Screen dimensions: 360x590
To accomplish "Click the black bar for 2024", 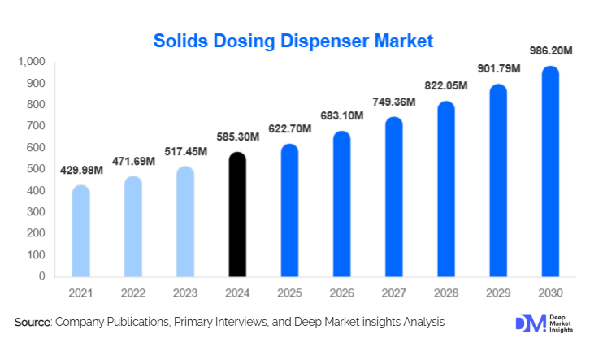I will [x=237, y=215].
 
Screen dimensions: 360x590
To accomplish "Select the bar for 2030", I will [x=551, y=171].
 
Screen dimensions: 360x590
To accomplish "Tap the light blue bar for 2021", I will [x=80, y=232].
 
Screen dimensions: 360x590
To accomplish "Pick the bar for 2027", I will [x=394, y=197].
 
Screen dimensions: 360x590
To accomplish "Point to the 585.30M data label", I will [x=237, y=137].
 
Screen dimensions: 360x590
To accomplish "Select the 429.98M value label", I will [x=80, y=170].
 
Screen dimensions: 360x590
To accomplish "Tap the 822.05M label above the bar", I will [x=446, y=86].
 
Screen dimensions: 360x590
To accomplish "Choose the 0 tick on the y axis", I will [x=42, y=276].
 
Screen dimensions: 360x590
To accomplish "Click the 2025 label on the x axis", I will [x=289, y=293].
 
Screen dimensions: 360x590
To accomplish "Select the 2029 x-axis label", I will [x=498, y=293].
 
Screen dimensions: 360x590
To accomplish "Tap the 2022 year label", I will [x=132, y=293].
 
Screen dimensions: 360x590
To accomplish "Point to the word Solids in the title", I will [x=180, y=40].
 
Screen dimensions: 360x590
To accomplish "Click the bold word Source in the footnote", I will [x=33, y=323].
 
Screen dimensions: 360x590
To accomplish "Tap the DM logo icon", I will [x=527, y=323].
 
